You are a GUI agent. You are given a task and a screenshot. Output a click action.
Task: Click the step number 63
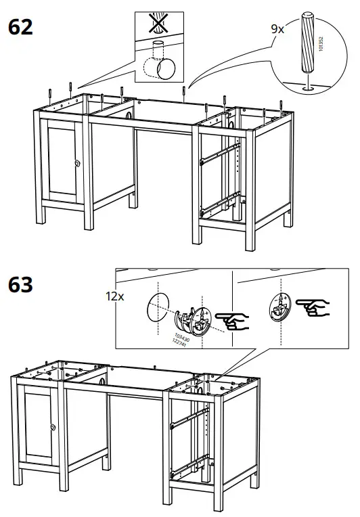pyautogui.click(x=20, y=285)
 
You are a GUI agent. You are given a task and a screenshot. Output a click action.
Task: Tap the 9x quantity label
pyautogui.click(x=277, y=29)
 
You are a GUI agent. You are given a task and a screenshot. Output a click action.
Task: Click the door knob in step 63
pyautogui.click(x=51, y=426)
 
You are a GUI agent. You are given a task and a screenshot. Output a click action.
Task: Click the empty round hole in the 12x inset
pyautogui.click(x=158, y=309)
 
